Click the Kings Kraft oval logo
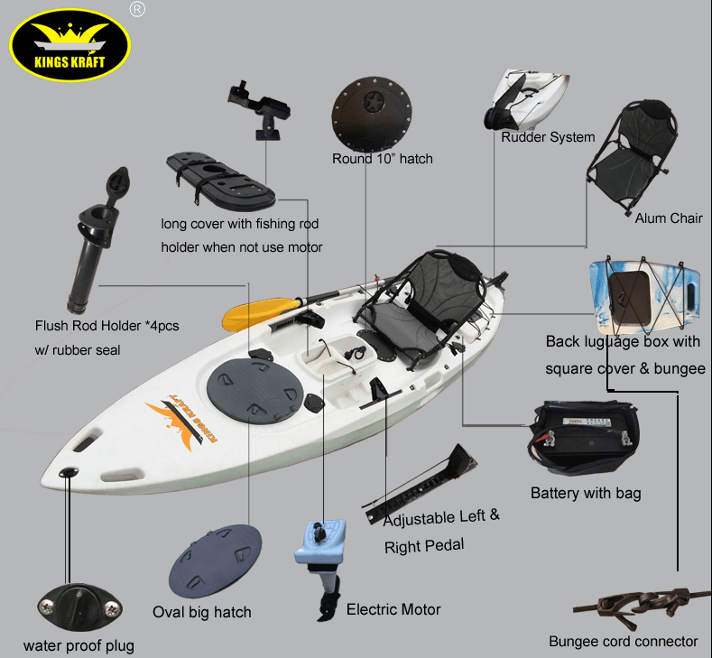(x=69, y=45)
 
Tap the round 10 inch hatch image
(x=372, y=114)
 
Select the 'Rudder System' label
(x=548, y=137)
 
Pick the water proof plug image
(x=79, y=607)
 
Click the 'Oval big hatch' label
(x=201, y=612)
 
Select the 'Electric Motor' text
(x=393, y=609)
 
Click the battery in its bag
(x=585, y=437)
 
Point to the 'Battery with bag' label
(x=586, y=493)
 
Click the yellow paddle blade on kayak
(x=261, y=312)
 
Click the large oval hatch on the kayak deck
(x=254, y=391)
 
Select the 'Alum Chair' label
(x=669, y=218)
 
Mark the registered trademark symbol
(x=137, y=9)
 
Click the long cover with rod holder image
(x=221, y=181)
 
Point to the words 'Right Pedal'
(x=424, y=546)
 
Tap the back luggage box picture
(x=644, y=296)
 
